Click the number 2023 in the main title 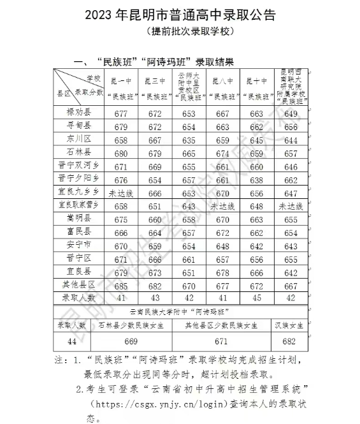[x=97, y=14]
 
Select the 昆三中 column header [x=154, y=89]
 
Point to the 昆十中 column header [x=256, y=89]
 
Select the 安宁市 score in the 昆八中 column [x=223, y=246]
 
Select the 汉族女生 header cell [x=291, y=325]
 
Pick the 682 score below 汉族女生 [x=291, y=342]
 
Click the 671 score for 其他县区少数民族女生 [x=222, y=342]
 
